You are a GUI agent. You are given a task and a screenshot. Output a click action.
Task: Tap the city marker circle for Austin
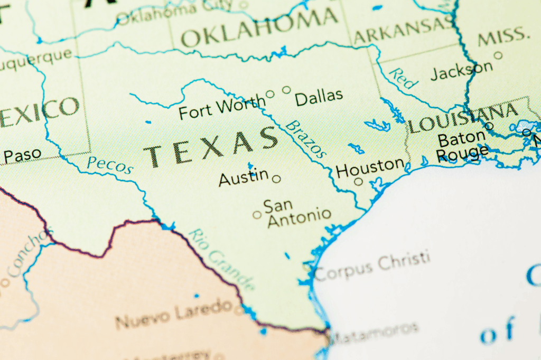[276, 179]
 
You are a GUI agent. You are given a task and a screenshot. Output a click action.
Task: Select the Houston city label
[370, 168]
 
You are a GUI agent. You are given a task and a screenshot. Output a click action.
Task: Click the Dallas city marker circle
[286, 90]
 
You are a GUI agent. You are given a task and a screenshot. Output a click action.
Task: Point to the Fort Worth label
[221, 108]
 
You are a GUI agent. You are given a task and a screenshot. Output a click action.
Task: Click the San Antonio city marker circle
[257, 215]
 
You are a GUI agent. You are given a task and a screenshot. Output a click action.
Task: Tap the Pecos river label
[110, 165]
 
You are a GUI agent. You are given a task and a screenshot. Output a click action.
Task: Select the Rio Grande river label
[221, 259]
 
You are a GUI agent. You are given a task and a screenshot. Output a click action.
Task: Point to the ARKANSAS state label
[403, 30]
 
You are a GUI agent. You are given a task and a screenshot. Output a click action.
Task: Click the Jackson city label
[461, 70]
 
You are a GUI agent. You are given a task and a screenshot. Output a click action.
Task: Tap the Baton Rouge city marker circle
[489, 126]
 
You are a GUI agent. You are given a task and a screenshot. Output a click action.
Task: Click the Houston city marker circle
[358, 182]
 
